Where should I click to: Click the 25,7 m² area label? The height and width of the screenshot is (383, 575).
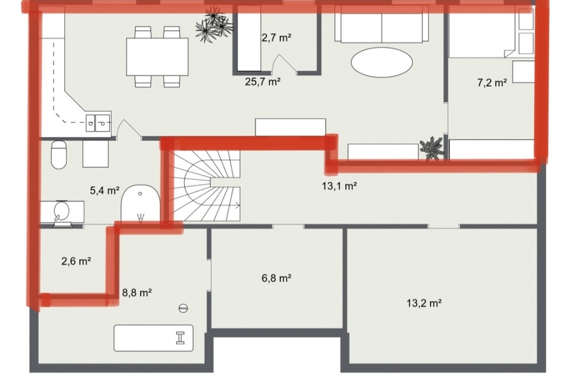click(x=263, y=81)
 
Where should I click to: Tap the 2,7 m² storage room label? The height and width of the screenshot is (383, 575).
click(x=277, y=38)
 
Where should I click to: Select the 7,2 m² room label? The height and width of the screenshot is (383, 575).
click(x=492, y=82)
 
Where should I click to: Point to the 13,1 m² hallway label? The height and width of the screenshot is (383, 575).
click(x=339, y=186)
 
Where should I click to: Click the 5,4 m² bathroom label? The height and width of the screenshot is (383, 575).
click(x=105, y=190)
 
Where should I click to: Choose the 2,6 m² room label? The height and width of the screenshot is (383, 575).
click(x=76, y=261)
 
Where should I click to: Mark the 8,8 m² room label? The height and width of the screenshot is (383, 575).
click(x=137, y=292)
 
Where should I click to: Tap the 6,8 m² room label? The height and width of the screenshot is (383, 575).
click(x=276, y=278)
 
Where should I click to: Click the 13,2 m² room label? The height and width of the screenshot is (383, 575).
click(x=424, y=303)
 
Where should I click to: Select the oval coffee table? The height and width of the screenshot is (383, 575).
click(x=382, y=62)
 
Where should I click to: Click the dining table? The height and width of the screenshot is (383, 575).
click(x=157, y=57)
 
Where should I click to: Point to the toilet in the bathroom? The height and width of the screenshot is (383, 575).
click(x=59, y=154)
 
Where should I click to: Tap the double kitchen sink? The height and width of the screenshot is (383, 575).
click(x=98, y=123)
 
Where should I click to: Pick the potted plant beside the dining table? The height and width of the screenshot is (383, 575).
click(x=214, y=26)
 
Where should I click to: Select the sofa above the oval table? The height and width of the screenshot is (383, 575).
click(x=382, y=25)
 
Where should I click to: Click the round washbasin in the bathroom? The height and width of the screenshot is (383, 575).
click(x=61, y=211)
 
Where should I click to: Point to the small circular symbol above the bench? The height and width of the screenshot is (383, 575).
click(x=183, y=308)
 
